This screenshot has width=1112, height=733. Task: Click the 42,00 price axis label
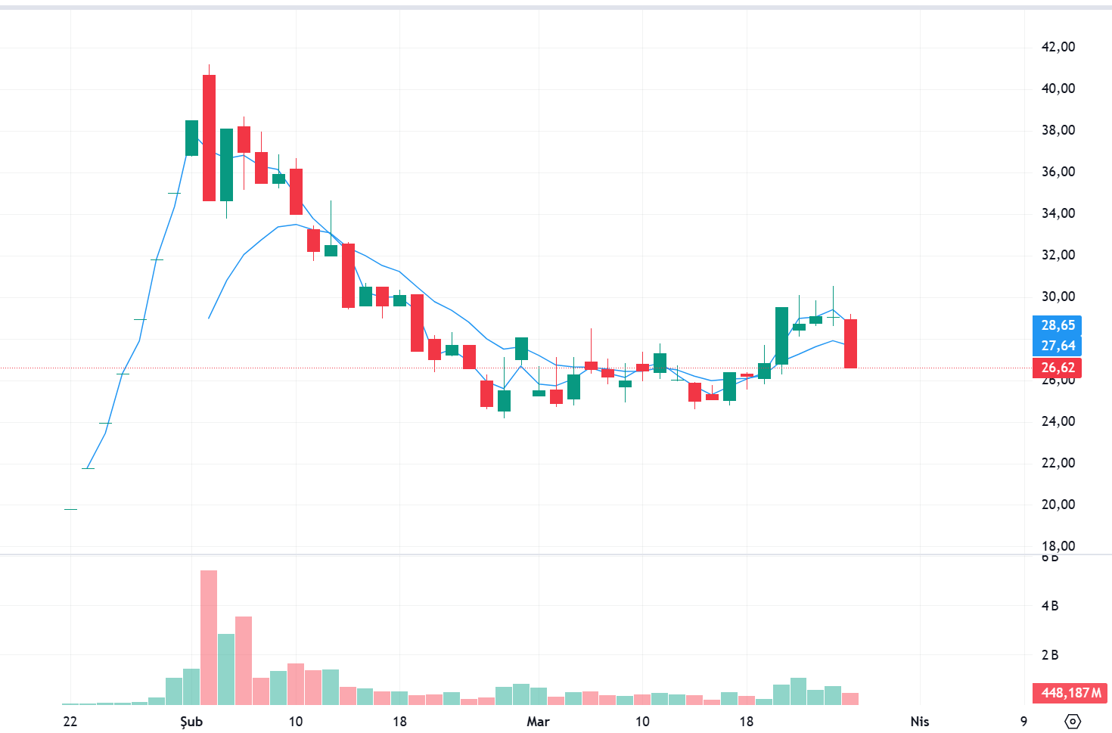1058,47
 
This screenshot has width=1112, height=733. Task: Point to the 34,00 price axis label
1058,213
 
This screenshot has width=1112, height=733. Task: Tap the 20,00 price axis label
1058,505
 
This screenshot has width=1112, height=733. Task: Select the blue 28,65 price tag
1057,325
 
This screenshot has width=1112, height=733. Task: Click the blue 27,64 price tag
1057,346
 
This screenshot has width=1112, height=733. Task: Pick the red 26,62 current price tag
1057,368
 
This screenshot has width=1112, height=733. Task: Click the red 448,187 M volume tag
1070,693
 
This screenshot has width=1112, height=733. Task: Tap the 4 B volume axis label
1049,606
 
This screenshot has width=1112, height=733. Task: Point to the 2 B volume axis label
1049,655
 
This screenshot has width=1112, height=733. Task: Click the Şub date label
191,722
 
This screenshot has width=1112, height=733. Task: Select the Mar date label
538,722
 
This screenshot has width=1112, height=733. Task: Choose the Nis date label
920,722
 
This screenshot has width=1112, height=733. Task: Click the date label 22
70,722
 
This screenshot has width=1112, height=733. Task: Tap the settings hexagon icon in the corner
1073,722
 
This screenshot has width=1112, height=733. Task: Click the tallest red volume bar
209,637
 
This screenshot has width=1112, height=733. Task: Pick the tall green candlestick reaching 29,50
781,335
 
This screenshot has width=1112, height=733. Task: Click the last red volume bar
850,698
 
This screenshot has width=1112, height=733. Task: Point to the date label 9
1023,722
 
